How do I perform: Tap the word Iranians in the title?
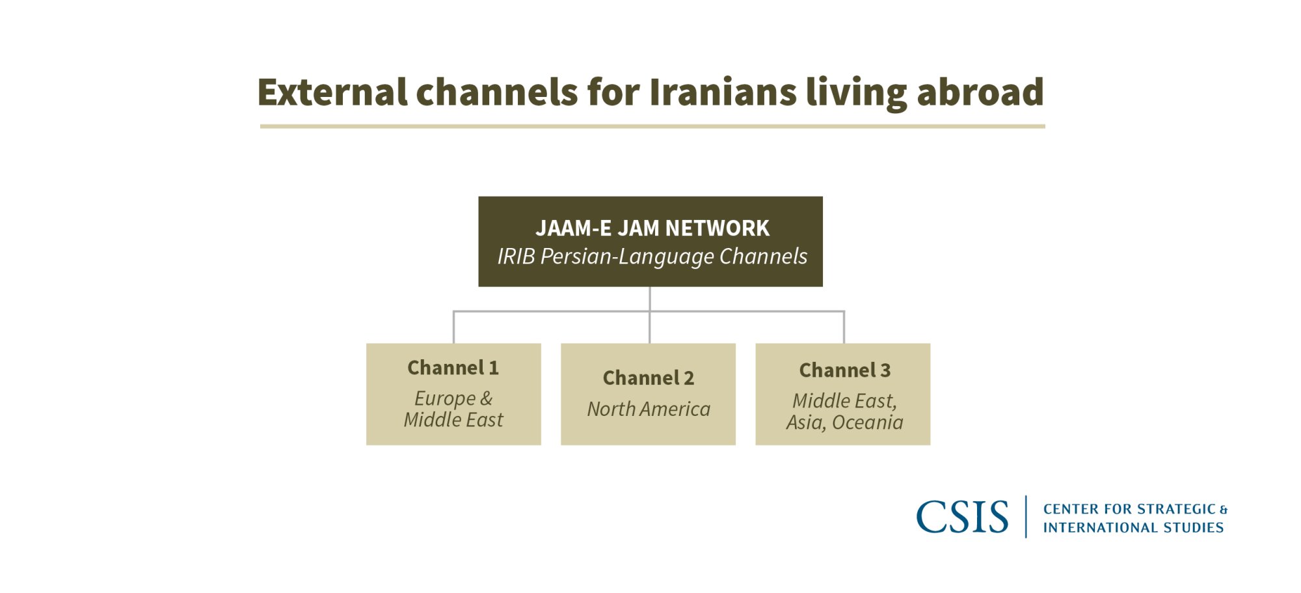722,92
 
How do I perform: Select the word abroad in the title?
980,92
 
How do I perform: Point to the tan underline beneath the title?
652,126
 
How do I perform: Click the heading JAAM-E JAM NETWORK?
652,228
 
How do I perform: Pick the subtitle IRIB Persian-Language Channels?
652,256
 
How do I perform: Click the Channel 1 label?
453,368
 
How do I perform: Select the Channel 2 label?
648,378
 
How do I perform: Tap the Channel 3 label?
844,370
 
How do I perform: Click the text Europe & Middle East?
453,409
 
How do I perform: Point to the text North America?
649,409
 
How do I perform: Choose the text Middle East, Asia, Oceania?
844,411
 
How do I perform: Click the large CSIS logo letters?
962,517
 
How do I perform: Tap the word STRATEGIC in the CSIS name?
1175,509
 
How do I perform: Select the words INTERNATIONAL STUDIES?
1133,527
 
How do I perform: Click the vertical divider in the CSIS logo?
1026,517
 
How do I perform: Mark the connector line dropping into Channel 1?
453,328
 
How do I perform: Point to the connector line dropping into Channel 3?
844,328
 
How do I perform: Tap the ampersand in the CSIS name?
1224,510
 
